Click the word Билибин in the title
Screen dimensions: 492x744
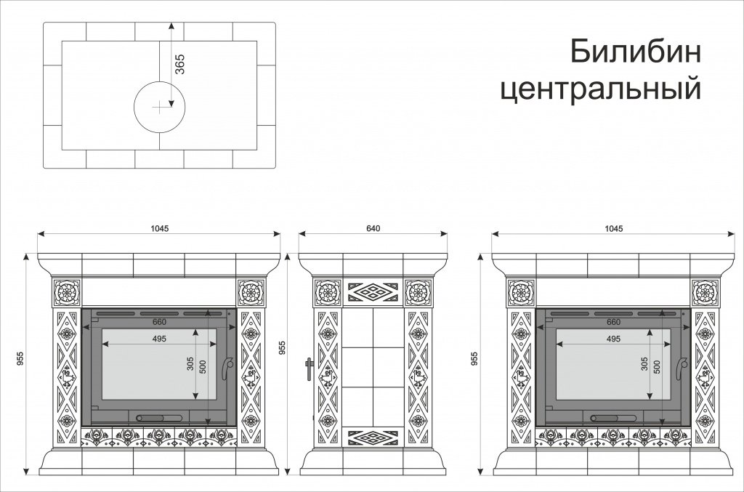click(634, 52)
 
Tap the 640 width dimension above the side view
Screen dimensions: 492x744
click(373, 228)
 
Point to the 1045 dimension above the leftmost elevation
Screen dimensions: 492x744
click(160, 228)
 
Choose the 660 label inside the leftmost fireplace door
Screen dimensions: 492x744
click(160, 323)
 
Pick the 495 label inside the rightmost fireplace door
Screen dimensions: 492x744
click(613, 339)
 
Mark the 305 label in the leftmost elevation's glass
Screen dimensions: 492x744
click(190, 364)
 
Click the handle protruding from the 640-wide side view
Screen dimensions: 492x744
click(309, 369)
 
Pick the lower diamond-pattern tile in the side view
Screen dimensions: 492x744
click(372, 436)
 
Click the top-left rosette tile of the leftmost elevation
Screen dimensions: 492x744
click(68, 293)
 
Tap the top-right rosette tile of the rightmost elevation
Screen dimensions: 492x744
click(705, 293)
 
